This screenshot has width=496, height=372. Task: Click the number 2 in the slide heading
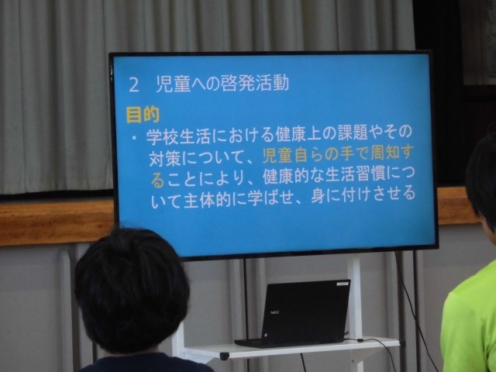point(134,85)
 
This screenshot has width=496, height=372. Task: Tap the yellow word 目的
point(143,115)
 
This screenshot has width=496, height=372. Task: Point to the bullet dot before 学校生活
point(135,137)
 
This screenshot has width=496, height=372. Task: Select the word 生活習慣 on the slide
point(357,175)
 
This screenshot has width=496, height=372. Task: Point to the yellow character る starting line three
point(157,181)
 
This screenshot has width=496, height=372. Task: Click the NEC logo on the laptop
point(274,312)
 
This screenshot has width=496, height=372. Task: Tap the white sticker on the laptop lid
point(342,284)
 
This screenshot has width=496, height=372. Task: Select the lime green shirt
point(468,319)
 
